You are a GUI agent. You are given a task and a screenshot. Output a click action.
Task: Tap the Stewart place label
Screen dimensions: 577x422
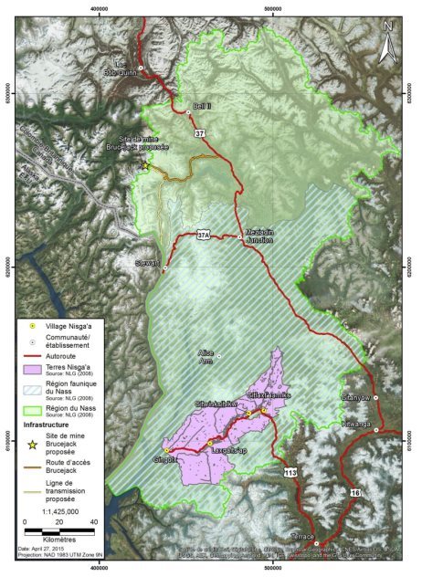[147, 264]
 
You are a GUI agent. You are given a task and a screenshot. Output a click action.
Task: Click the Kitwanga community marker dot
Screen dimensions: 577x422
[375, 428]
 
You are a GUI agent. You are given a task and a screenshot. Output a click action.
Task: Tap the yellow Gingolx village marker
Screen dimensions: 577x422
[167, 450]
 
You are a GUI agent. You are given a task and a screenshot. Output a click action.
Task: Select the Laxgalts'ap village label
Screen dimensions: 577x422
[216, 451]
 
